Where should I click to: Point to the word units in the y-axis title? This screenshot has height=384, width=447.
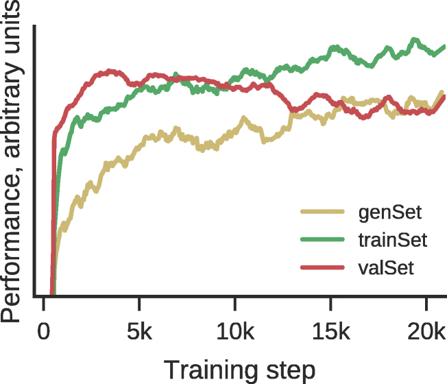pyautogui.click(x=14, y=31)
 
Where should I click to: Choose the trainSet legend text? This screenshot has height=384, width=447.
pyautogui.click(x=392, y=240)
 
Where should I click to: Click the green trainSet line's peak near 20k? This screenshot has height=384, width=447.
pyautogui.click(x=414, y=40)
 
